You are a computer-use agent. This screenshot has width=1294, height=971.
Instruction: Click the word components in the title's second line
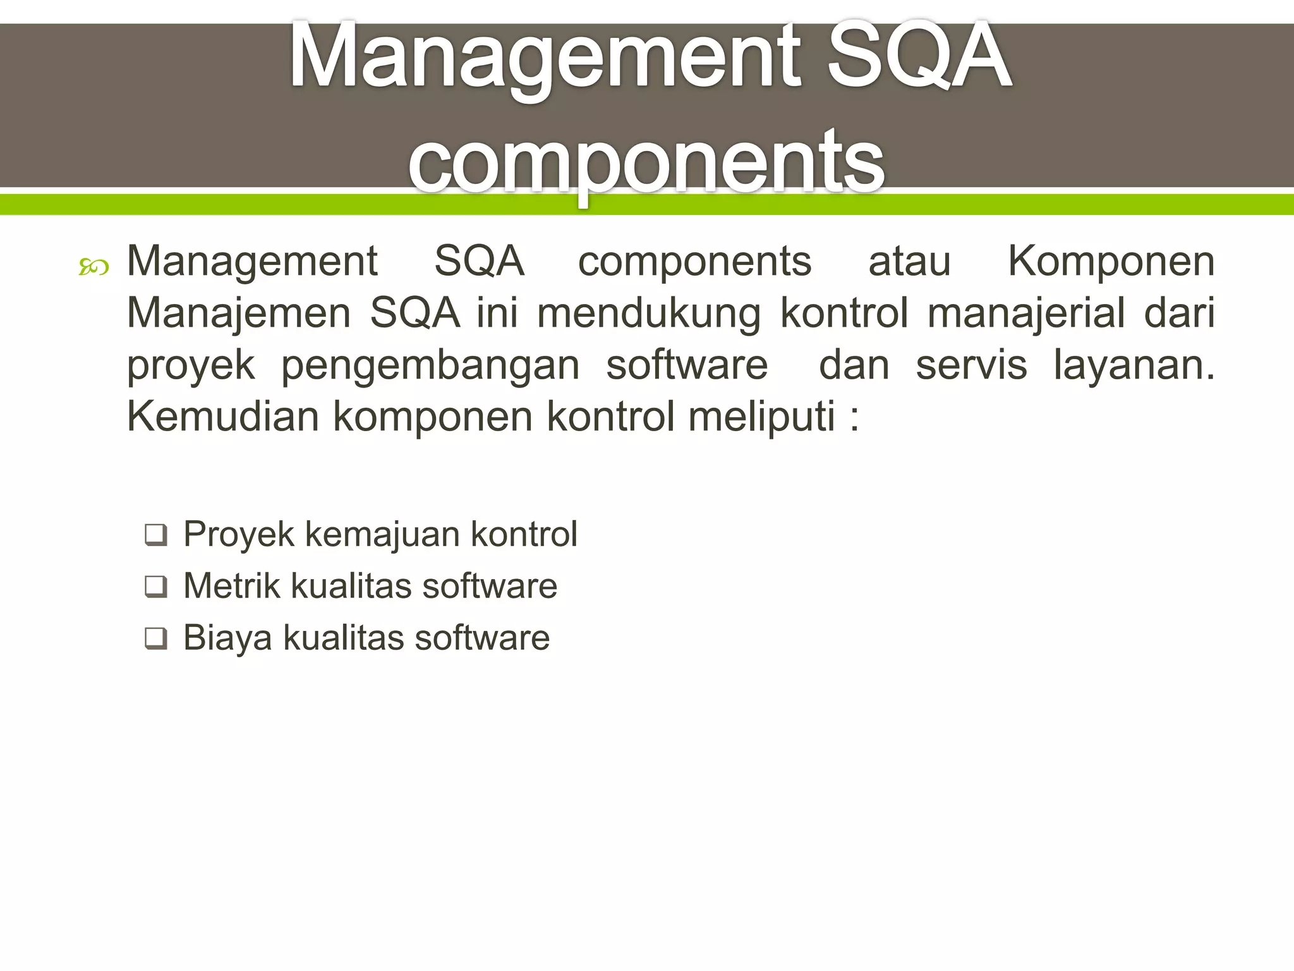click(x=646, y=161)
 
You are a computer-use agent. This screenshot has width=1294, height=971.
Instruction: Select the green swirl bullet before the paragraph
click(x=94, y=268)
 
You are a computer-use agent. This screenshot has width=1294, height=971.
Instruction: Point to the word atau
click(x=909, y=261)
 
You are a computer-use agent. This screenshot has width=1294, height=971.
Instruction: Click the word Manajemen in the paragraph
click(x=239, y=313)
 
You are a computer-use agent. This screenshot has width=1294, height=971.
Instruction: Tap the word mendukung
click(x=649, y=313)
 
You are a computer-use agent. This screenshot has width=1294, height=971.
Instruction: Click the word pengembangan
click(x=430, y=365)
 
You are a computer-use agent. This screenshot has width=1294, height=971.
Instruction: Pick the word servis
click(x=971, y=365)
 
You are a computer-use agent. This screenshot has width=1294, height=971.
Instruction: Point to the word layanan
click(x=1133, y=365)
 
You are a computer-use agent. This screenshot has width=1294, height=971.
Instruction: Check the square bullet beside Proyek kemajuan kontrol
click(x=155, y=535)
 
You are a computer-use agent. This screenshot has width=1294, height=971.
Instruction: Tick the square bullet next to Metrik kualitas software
click(x=155, y=587)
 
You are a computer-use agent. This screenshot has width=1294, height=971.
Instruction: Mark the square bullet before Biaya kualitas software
click(x=155, y=638)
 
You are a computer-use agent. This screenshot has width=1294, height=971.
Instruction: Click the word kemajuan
click(x=383, y=534)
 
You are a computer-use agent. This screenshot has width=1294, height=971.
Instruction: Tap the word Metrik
click(x=232, y=585)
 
